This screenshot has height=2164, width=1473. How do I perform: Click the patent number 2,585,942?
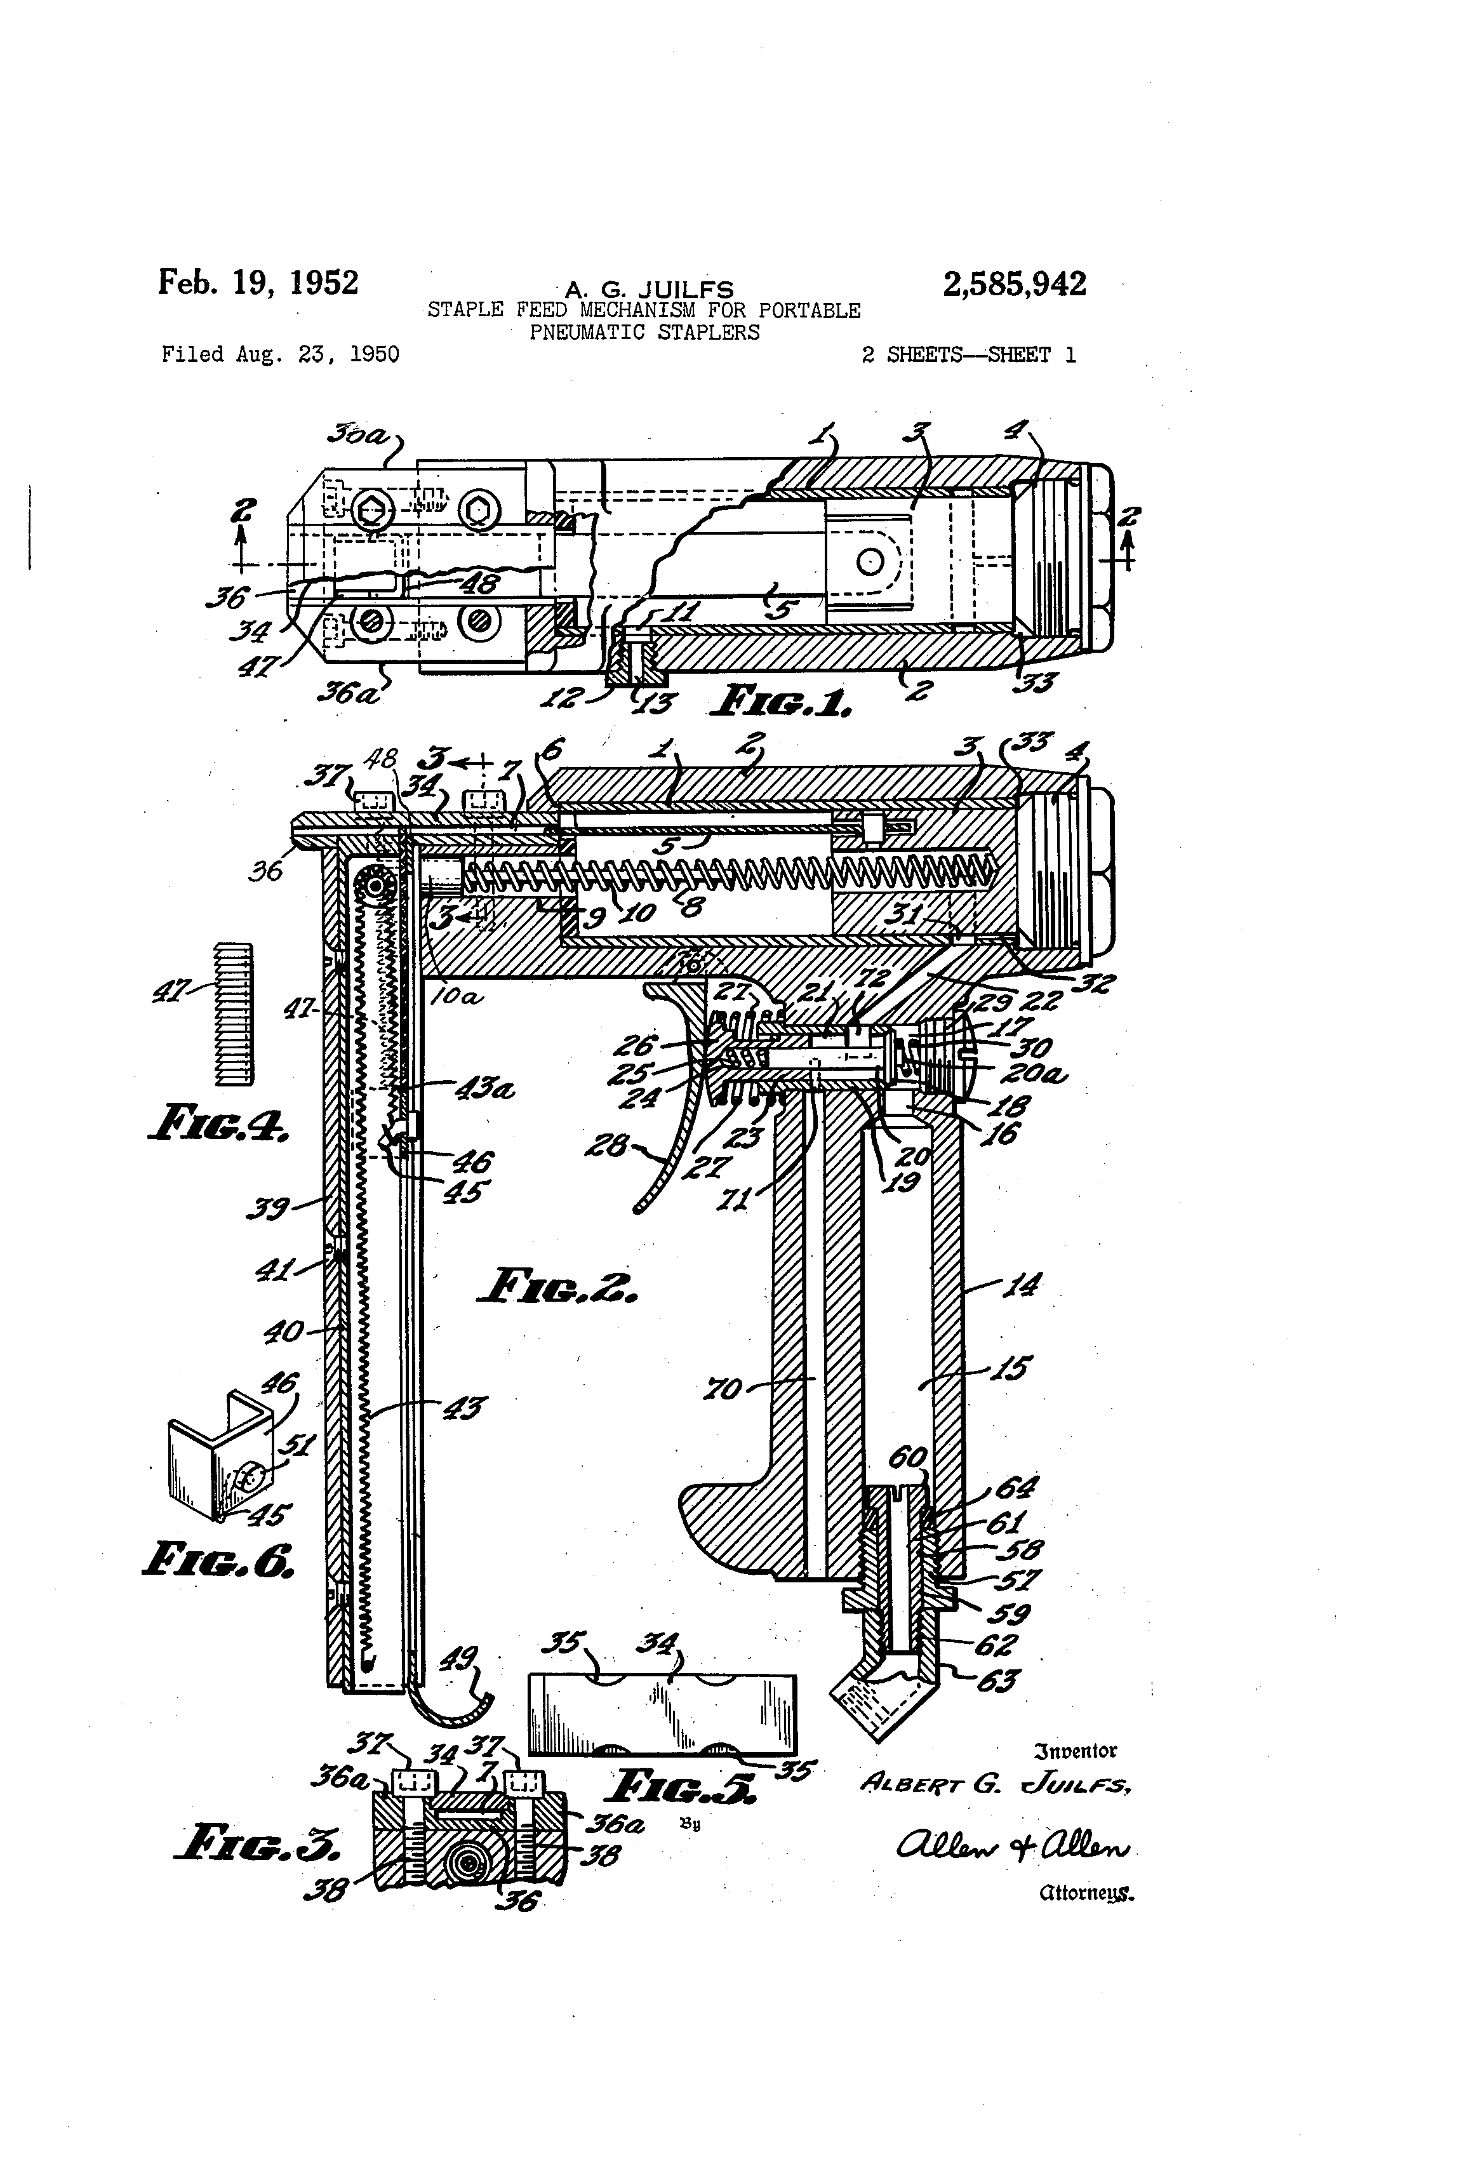click(x=1014, y=284)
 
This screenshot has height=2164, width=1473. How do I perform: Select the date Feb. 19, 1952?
click(x=258, y=281)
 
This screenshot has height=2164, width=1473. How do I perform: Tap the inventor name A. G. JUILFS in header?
click(x=649, y=291)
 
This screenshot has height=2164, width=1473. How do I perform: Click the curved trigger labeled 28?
click(x=680, y=1150)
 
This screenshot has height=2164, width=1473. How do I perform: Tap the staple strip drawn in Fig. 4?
click(x=234, y=1014)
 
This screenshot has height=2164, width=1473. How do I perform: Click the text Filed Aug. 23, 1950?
click(x=280, y=355)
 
